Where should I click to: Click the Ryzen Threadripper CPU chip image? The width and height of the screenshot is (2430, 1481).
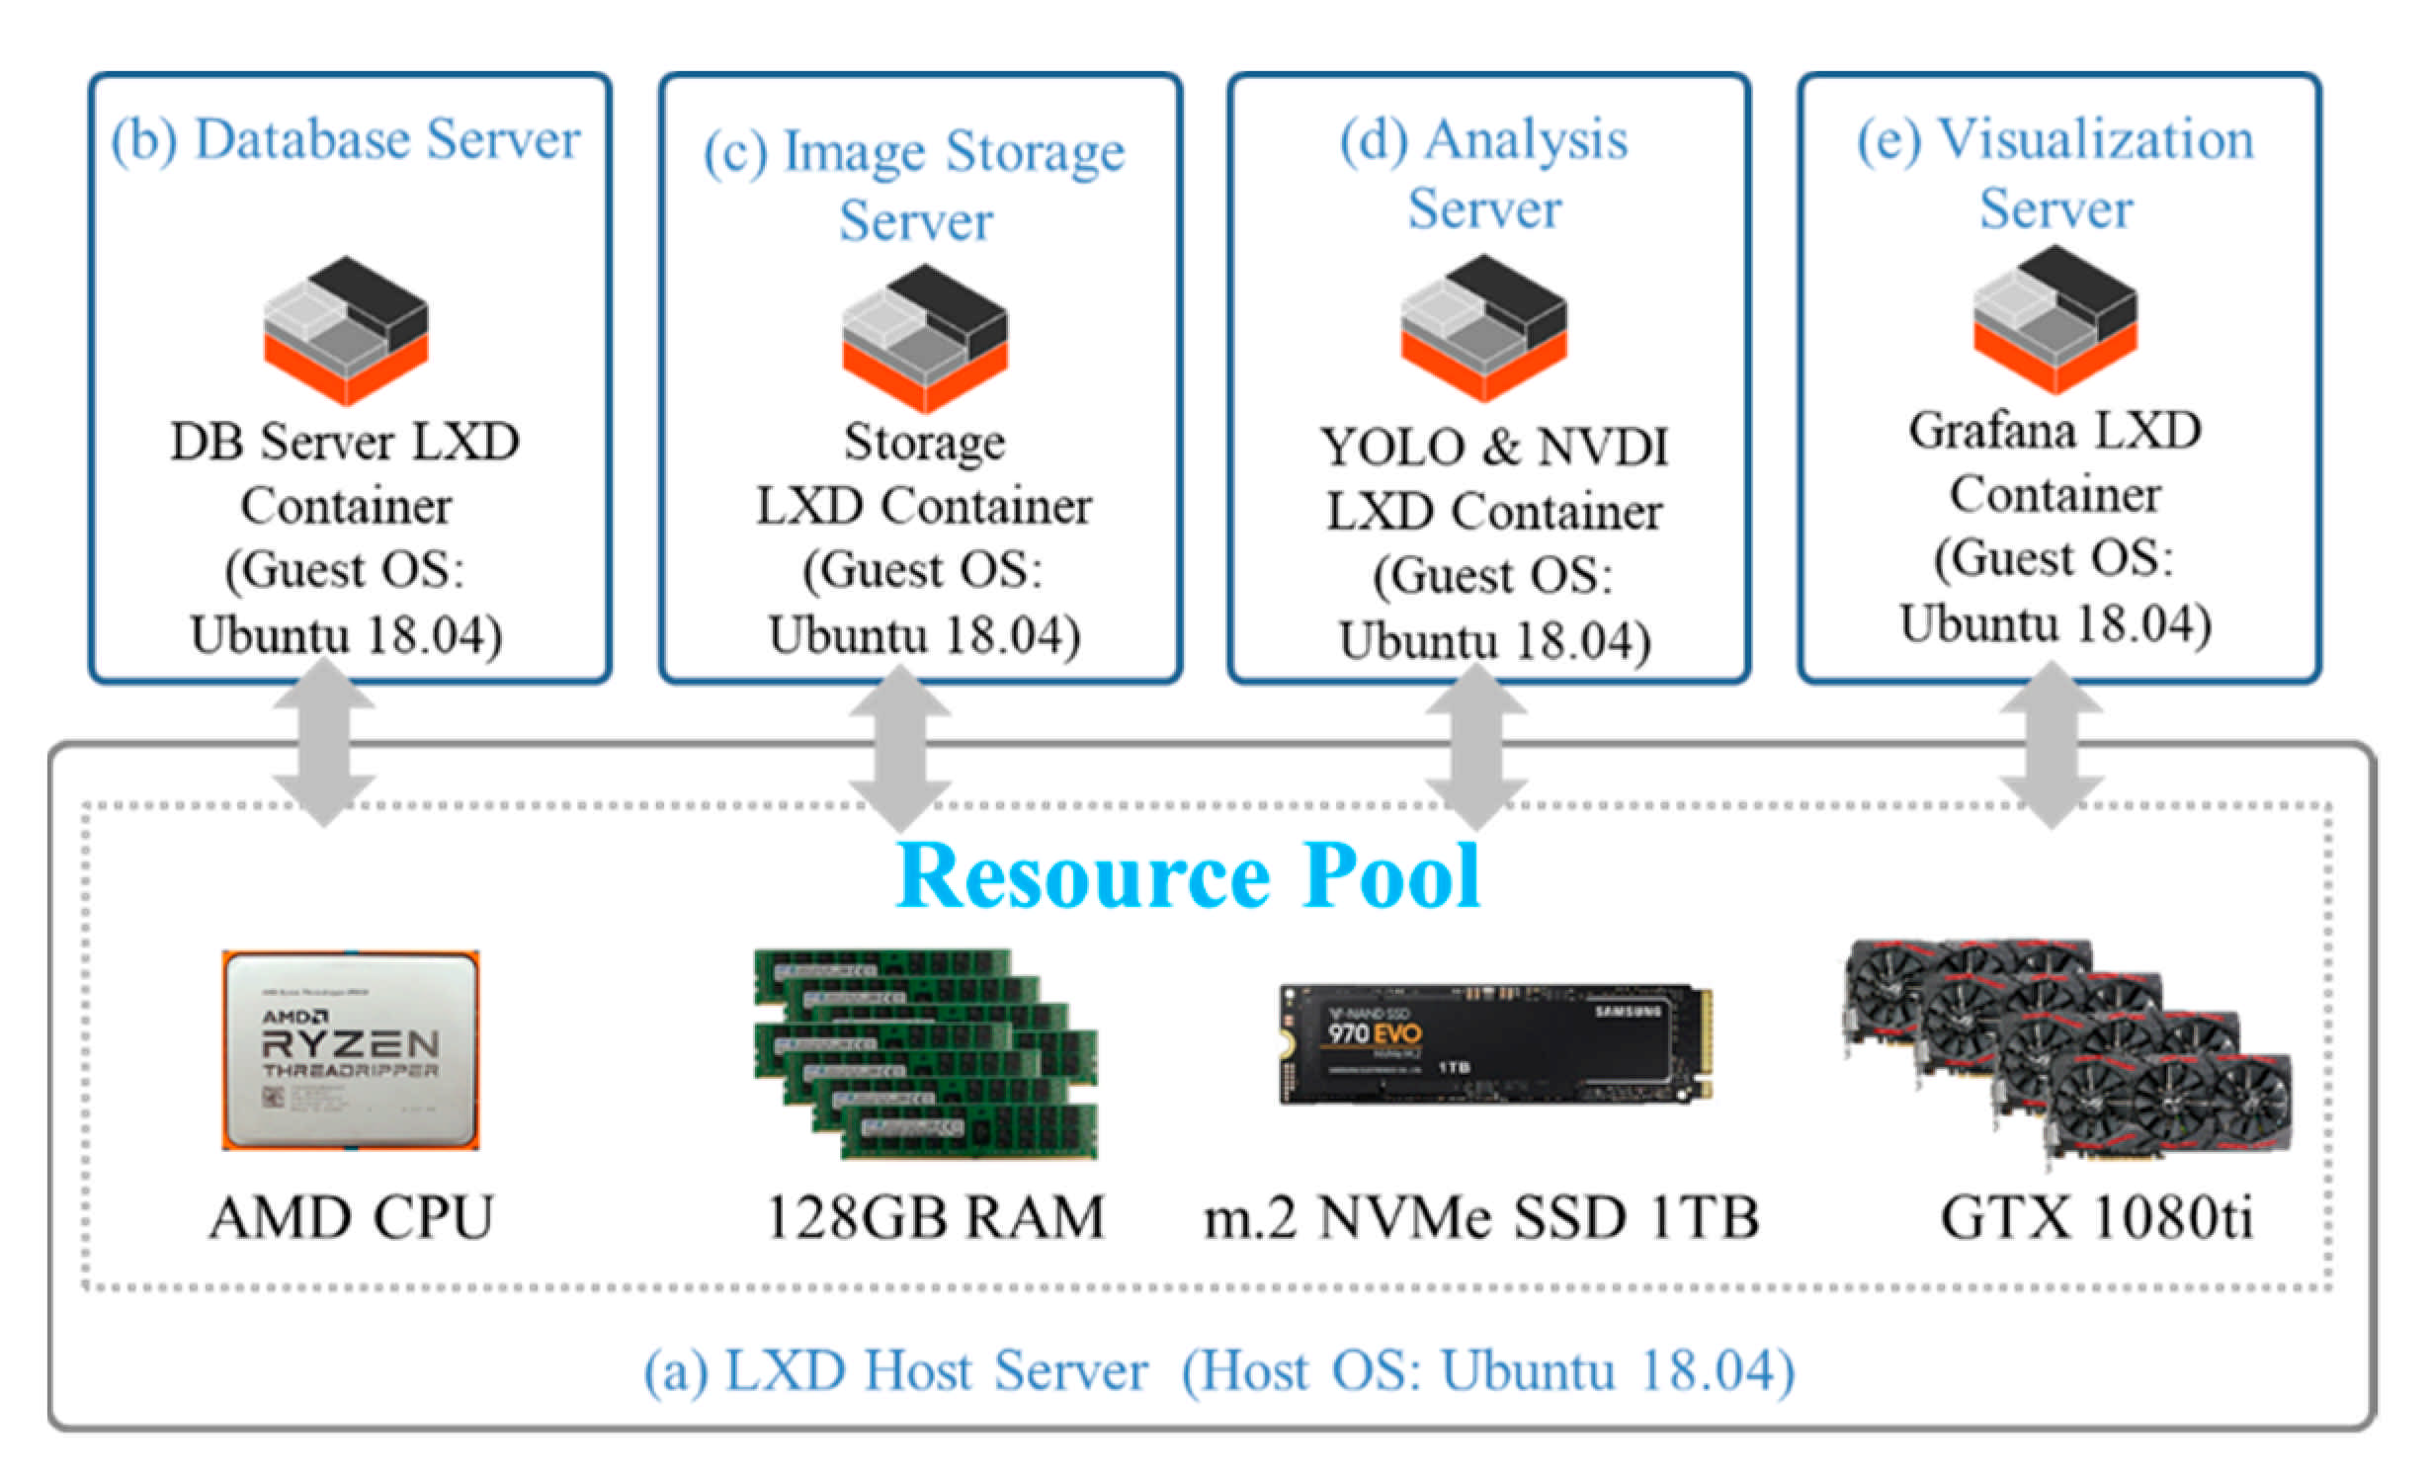click(x=351, y=1049)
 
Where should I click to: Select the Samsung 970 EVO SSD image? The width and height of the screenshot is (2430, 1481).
click(x=1495, y=1043)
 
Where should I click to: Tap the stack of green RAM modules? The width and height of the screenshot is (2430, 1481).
click(x=926, y=1053)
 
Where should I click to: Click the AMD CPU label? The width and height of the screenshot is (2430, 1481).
click(x=351, y=1217)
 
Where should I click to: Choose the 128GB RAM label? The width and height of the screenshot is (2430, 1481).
click(x=935, y=1217)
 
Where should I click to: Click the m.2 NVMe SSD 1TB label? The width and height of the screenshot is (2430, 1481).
click(x=1481, y=1217)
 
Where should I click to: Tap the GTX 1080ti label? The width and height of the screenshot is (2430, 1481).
click(x=2096, y=1217)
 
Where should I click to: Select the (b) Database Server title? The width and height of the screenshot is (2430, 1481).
click(x=346, y=139)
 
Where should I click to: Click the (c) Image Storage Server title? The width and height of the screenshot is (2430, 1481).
click(x=915, y=185)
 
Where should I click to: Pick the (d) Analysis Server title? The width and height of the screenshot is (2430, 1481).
click(x=1484, y=174)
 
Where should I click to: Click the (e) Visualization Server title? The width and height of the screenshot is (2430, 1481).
click(x=2055, y=174)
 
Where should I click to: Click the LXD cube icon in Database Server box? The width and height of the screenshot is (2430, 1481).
click(x=346, y=330)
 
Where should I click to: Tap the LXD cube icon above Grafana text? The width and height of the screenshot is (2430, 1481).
click(x=2055, y=320)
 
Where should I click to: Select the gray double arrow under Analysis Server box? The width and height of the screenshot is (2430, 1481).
click(x=1475, y=746)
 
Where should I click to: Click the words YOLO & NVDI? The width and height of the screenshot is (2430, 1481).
click(x=1494, y=447)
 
